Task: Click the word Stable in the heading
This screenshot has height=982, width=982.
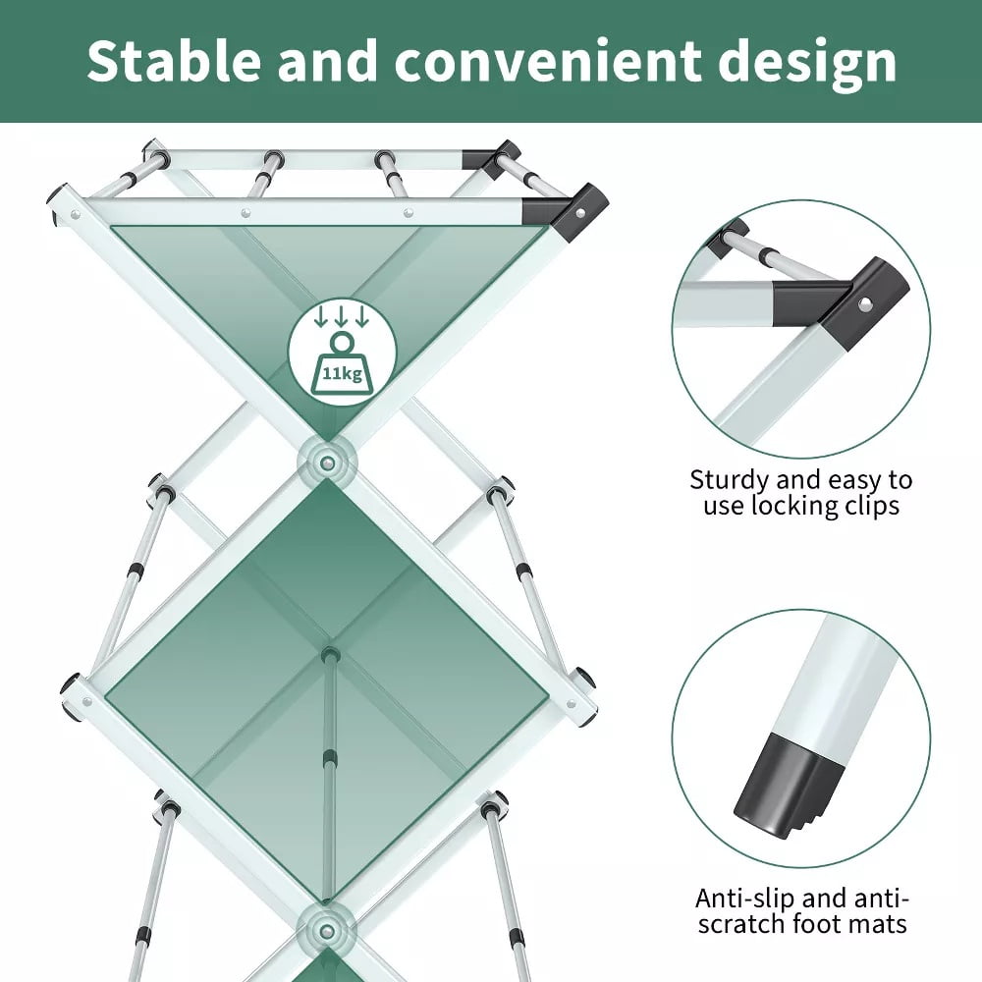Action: tap(174, 60)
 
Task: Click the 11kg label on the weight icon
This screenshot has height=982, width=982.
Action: tap(342, 374)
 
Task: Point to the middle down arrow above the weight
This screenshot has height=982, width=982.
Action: tap(342, 317)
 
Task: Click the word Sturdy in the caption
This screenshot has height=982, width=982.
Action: tap(730, 481)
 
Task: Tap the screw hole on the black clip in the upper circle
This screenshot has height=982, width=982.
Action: tap(865, 303)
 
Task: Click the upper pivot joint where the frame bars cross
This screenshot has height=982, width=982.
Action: tap(326, 463)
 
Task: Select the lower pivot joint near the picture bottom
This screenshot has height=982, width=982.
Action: tap(326, 931)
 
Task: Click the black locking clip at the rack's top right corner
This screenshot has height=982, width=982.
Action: tap(574, 213)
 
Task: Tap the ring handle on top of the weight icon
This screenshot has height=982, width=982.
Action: tap(342, 342)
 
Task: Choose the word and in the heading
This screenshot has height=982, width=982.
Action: tap(328, 60)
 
